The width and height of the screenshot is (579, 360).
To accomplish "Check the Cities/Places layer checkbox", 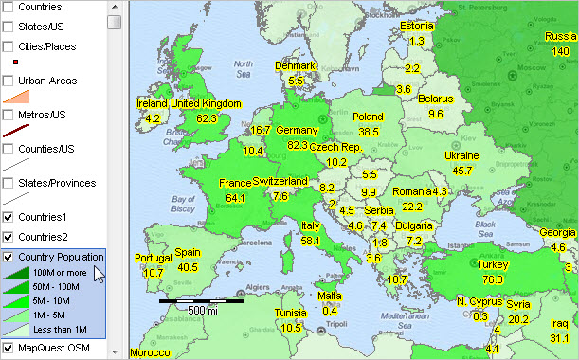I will point(9,45).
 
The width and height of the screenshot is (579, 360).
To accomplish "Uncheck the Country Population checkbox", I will point(9,257).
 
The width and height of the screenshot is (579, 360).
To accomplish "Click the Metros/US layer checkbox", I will point(9,115).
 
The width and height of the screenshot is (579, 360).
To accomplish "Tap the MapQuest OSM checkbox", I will point(9,348).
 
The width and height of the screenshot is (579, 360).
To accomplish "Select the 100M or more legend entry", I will point(64,273).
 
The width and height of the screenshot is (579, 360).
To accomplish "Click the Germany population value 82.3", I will point(297,145).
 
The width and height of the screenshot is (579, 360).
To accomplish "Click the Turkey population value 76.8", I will point(492,279).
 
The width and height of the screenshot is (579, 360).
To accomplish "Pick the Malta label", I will point(330,297).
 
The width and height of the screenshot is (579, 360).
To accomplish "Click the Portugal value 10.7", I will point(153,273).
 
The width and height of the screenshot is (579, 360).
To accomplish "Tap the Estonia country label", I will point(417,27).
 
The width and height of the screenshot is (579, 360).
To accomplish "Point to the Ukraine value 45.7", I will point(461,171).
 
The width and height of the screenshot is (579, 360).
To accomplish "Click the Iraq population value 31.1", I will point(559,338).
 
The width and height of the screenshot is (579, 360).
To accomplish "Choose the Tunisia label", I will point(291,314).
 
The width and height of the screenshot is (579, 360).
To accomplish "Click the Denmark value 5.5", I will point(297,81).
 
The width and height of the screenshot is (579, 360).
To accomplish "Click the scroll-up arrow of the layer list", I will point(114,6).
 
